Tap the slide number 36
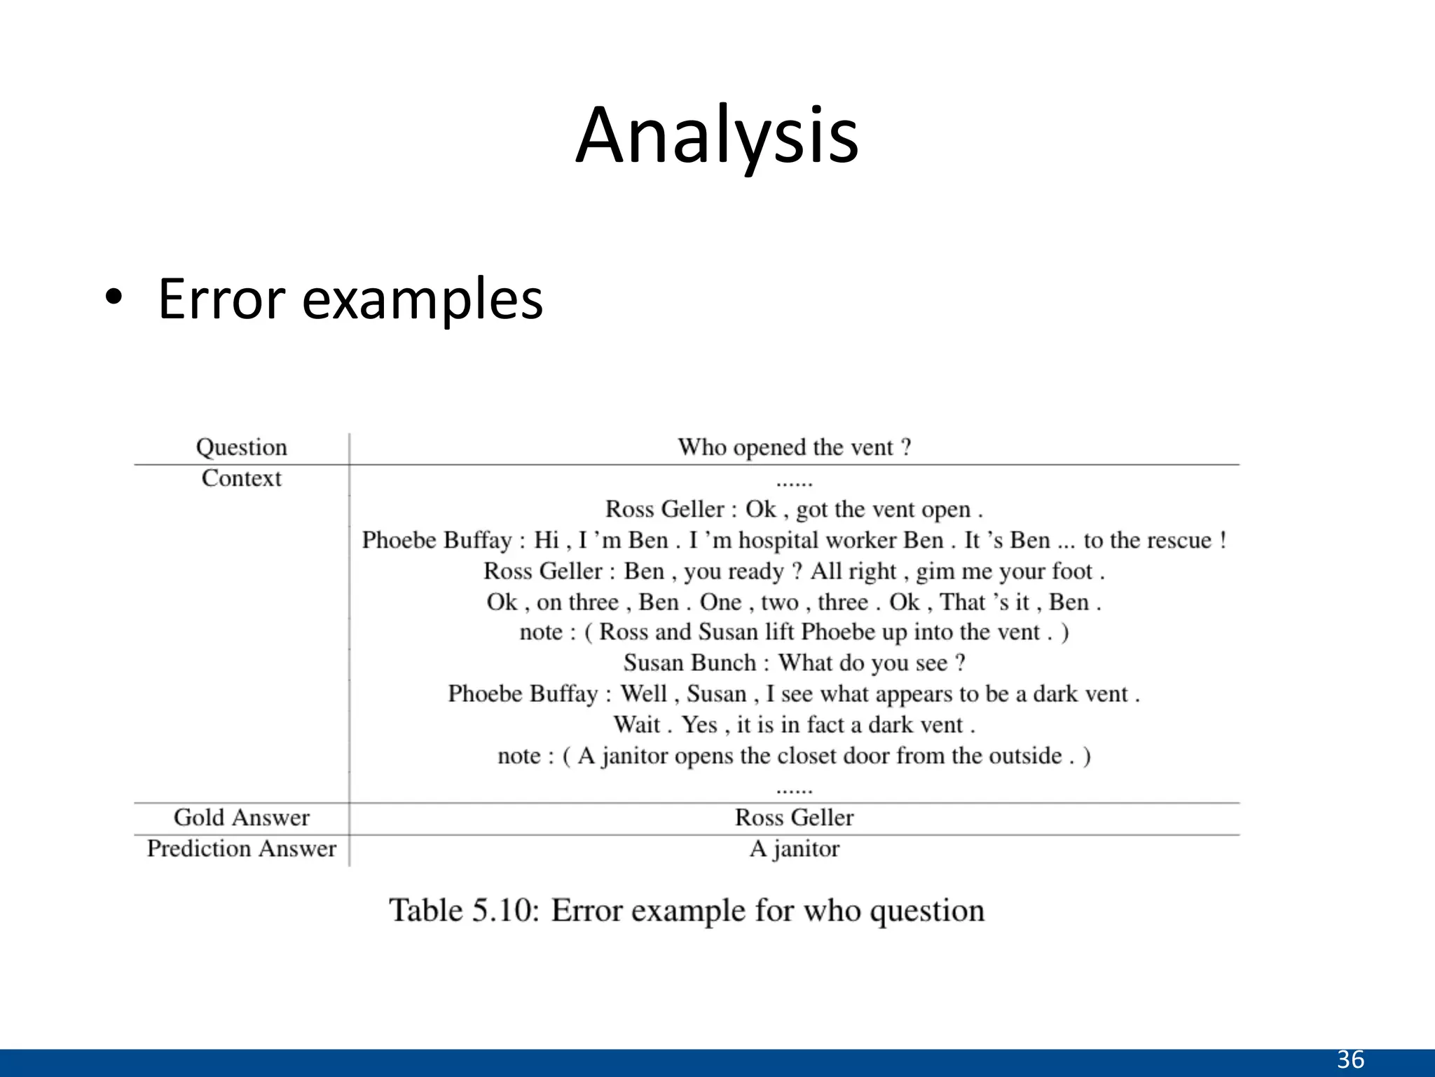coord(1350,1059)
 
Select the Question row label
coord(241,447)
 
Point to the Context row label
coord(241,478)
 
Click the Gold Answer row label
coord(241,818)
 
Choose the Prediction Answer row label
coord(241,848)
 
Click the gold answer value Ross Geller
coord(794,818)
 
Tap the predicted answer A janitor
coord(794,848)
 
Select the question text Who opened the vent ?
coord(794,447)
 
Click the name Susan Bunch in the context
coord(689,663)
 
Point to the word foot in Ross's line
coord(1072,571)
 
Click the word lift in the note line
coord(778,632)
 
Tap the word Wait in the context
coord(637,724)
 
